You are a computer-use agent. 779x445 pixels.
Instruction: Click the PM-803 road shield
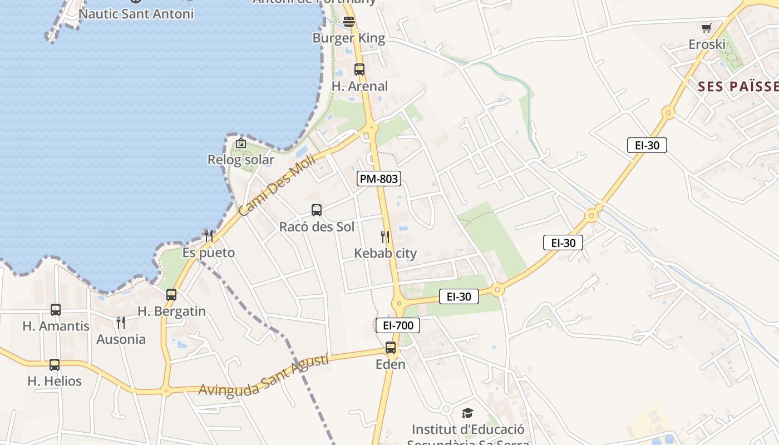point(379,179)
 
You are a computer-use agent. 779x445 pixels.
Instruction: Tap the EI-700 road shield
point(398,325)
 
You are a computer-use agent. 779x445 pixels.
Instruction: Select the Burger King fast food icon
point(349,22)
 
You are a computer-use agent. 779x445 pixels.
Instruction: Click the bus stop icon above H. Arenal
point(359,70)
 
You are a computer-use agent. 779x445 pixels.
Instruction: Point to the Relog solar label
point(241,160)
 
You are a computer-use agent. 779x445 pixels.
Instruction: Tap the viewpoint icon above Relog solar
point(240,143)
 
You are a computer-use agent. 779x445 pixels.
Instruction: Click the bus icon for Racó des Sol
point(317,210)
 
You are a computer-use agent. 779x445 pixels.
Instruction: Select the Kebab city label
point(385,254)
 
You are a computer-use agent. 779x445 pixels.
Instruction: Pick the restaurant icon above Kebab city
point(385,237)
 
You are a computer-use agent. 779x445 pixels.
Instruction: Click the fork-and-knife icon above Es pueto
point(209,236)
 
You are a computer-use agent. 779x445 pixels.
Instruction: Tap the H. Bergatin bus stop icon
point(171,295)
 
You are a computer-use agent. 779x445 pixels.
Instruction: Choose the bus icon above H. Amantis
point(56,310)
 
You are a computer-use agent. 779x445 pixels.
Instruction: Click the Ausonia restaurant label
point(121,339)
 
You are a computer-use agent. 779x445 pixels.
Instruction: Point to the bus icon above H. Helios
point(55,365)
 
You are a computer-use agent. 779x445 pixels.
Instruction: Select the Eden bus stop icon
point(391,348)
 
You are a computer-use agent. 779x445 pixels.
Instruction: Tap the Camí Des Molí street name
point(277,185)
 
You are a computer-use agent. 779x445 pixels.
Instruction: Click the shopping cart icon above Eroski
point(707,28)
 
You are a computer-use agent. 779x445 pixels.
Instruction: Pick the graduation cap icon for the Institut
point(467,413)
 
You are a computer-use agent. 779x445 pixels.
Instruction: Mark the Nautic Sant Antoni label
point(136,14)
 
